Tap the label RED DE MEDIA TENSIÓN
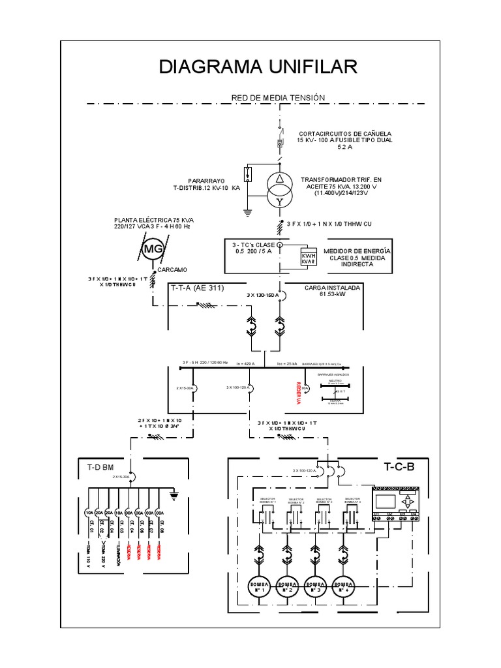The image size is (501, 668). coord(278,98)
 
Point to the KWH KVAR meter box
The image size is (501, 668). coord(307,258)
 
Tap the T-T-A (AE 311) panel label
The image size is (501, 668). coord(197,287)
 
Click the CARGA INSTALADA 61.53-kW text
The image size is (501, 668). coord(331,291)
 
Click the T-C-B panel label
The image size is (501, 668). coord(399,467)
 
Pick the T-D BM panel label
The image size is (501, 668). coord(100,467)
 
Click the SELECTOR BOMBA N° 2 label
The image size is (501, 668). coord(296,501)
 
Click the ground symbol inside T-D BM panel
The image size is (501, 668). coord(173,496)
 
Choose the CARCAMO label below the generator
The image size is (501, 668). coord(172,269)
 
